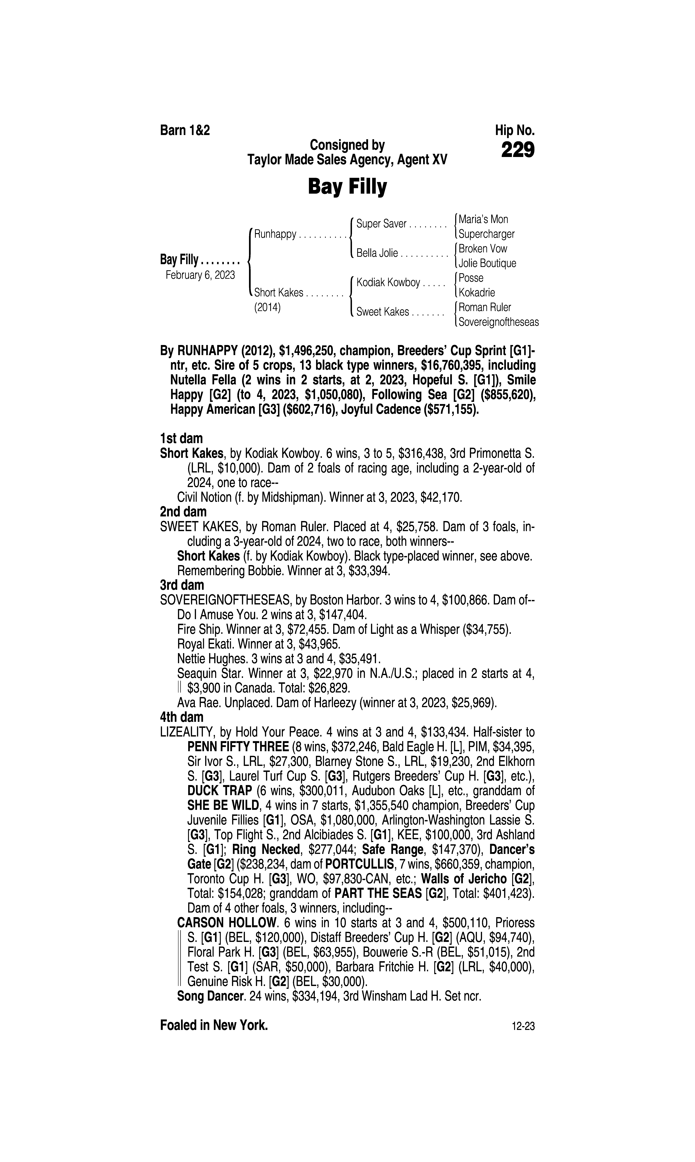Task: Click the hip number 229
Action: (x=518, y=151)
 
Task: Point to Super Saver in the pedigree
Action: (x=381, y=224)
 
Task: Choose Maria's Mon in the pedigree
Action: (x=483, y=219)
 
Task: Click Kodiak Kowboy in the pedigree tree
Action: (x=388, y=283)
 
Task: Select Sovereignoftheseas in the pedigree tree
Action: (x=498, y=322)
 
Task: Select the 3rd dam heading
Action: (x=182, y=585)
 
